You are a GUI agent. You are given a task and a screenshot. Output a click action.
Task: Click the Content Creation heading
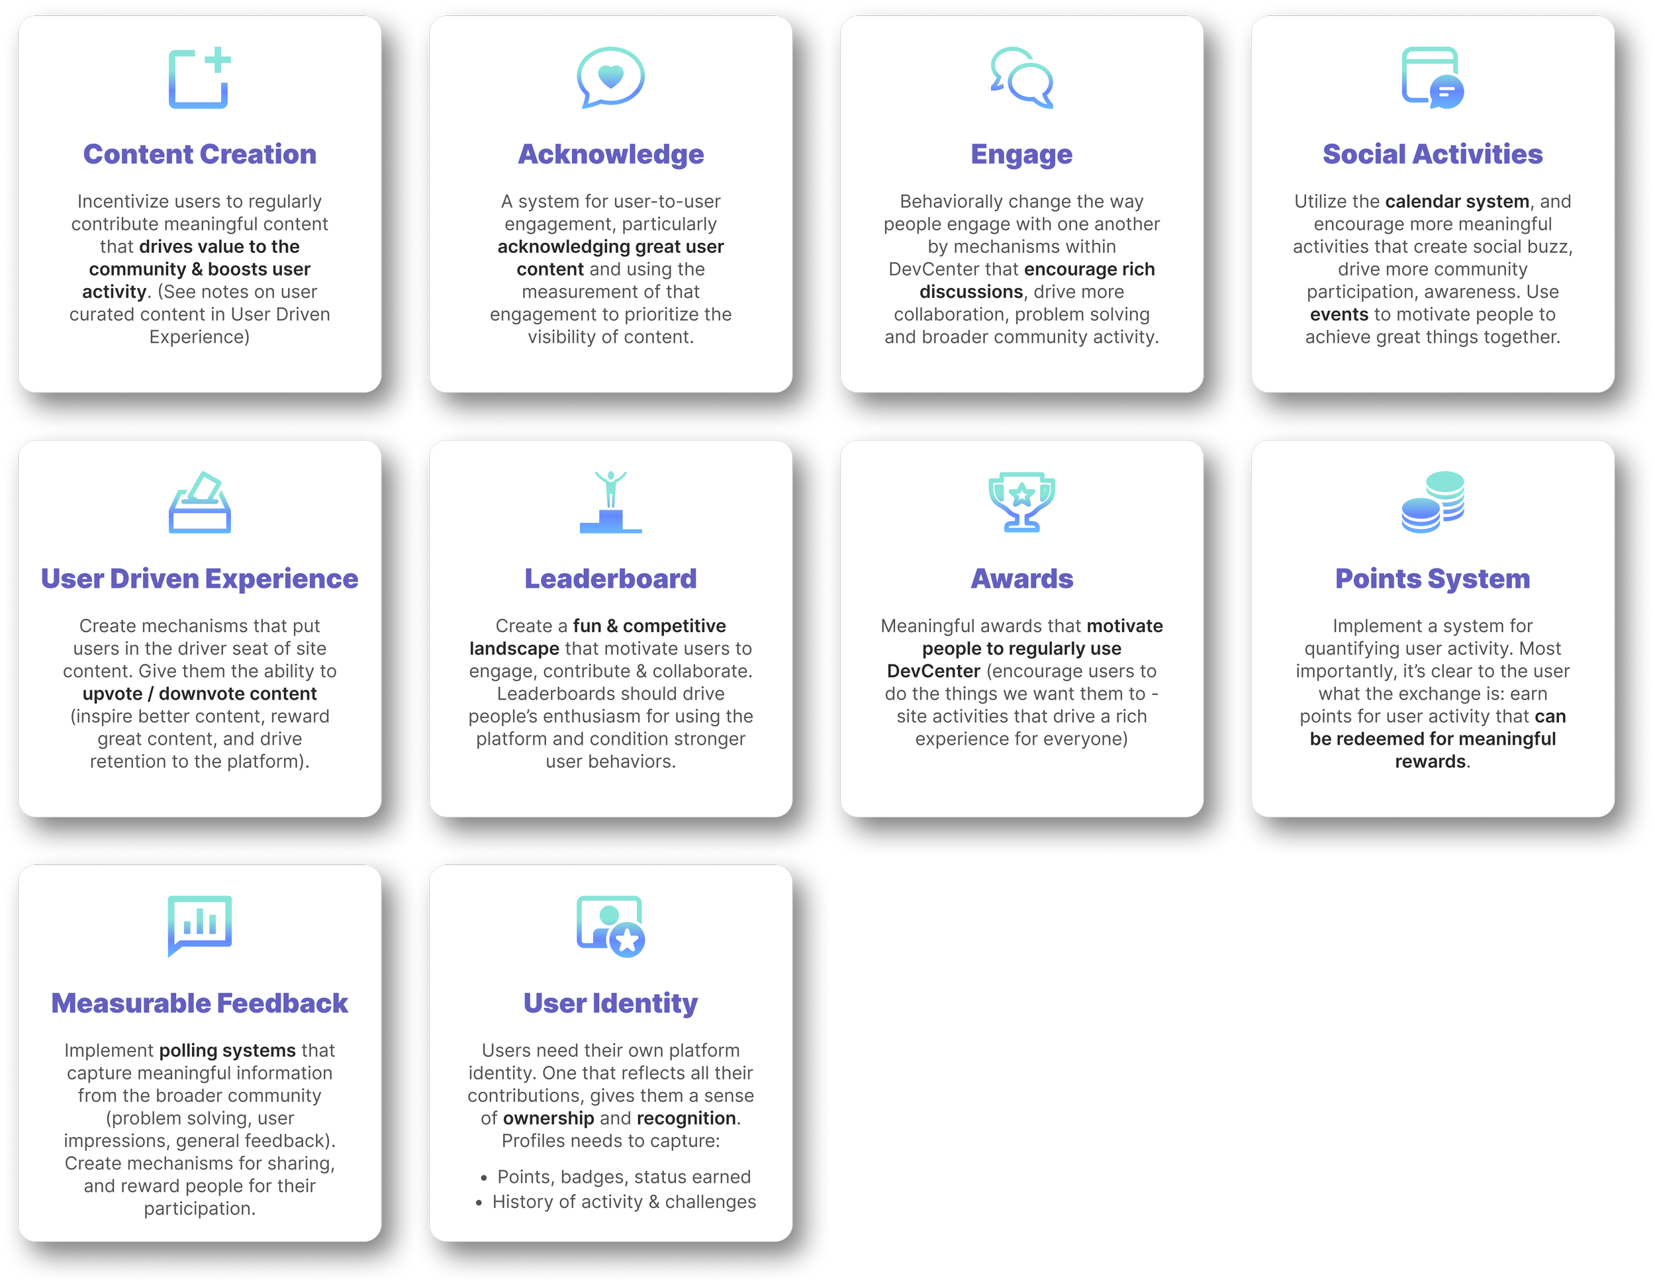[x=199, y=154]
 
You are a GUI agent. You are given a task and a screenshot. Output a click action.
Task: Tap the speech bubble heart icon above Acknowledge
[x=611, y=77]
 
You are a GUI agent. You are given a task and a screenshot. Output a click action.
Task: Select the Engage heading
[x=1021, y=154]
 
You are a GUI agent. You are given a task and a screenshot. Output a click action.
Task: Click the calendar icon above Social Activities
[x=1432, y=77]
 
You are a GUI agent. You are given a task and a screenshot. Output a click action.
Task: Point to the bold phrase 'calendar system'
[x=1456, y=201]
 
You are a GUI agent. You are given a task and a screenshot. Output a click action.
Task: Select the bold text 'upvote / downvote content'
[x=199, y=694]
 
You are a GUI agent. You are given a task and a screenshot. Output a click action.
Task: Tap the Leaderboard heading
[x=611, y=578]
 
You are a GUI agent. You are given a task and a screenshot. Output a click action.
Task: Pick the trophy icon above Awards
[x=1021, y=502]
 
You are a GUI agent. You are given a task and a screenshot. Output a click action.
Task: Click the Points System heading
[x=1432, y=578]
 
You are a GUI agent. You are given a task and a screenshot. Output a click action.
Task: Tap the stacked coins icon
[x=1432, y=502]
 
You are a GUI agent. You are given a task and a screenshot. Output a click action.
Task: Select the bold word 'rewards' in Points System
[x=1430, y=762]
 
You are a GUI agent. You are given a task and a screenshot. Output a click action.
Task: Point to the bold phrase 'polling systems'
[x=227, y=1050]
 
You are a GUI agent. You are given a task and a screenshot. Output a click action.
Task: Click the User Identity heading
[x=611, y=1003]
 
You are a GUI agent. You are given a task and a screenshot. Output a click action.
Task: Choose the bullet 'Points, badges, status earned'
[x=624, y=1177]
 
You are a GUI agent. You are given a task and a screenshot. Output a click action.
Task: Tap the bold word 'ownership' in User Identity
[x=548, y=1119]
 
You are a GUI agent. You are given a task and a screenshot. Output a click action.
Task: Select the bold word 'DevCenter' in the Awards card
[x=933, y=671]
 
